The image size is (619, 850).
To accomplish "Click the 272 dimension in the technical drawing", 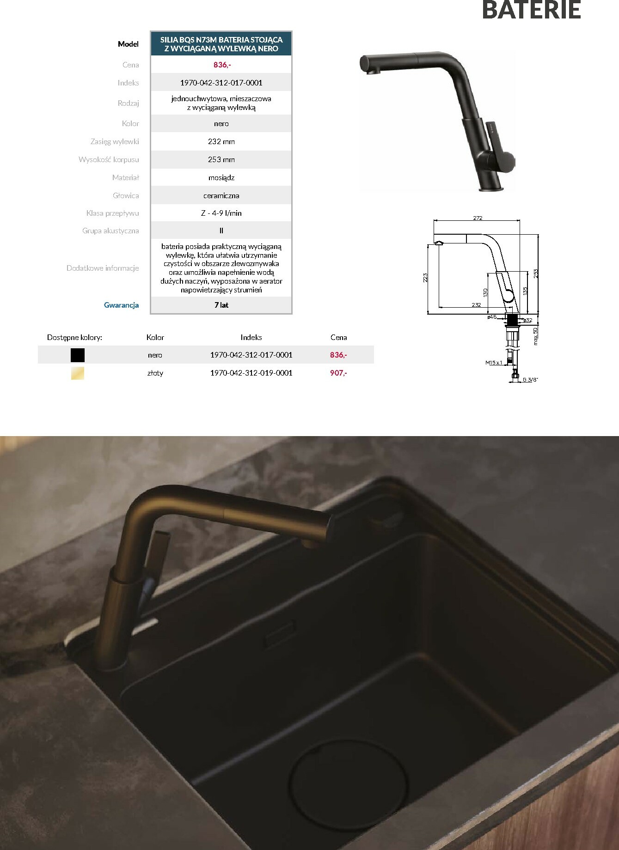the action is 478,218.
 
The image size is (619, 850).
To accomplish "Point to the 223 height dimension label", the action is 425,277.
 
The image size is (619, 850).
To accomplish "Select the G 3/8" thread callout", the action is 531,380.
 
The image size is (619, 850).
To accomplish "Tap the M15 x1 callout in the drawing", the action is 494,363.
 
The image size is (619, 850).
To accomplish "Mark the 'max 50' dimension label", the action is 536,336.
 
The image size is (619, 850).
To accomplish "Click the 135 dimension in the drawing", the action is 525,291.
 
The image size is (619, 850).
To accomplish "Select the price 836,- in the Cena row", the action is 222,65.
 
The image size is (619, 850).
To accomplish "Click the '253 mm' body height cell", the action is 221,159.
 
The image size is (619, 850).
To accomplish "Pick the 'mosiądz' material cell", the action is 221,177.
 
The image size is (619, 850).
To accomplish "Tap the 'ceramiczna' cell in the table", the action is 221,195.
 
